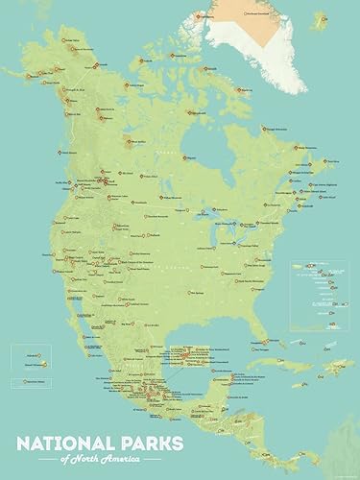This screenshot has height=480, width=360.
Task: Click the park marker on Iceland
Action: (x=344, y=40)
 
